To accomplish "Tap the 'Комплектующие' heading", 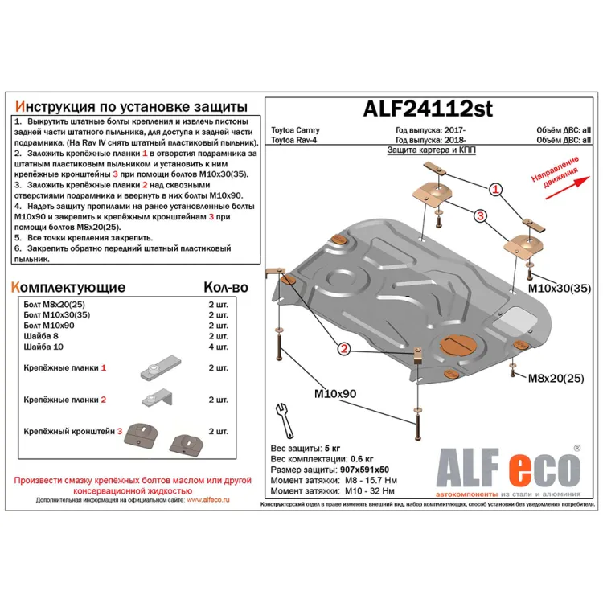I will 68,287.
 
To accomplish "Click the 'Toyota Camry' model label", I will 294,130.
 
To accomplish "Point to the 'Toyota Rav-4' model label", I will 294,140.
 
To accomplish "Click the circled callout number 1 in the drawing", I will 496,191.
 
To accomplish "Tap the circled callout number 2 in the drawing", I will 343,349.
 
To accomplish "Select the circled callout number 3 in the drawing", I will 479,216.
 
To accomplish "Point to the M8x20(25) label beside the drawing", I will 556,378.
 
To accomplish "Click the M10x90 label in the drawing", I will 336,394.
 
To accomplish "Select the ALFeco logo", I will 507,467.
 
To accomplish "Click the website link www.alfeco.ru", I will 207,499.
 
